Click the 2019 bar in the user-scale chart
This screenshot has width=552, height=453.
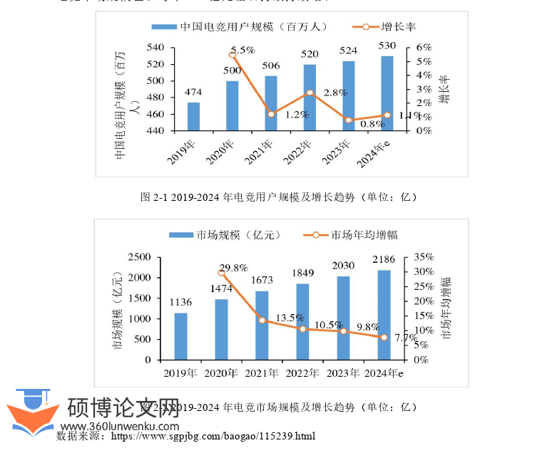(x=193, y=117)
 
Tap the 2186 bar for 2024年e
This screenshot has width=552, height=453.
(x=384, y=315)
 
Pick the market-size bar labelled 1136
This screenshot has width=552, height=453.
(x=180, y=336)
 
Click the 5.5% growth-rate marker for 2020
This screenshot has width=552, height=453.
(x=232, y=55)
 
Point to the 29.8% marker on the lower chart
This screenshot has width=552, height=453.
(x=221, y=272)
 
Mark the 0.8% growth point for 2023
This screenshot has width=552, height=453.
(x=349, y=120)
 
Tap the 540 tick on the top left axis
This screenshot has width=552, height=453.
(x=155, y=48)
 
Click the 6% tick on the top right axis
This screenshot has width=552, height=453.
(x=424, y=48)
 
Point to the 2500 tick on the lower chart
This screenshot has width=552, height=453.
(x=139, y=257)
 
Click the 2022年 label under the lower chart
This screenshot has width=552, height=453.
(x=302, y=373)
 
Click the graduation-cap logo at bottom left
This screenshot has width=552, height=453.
(x=32, y=412)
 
